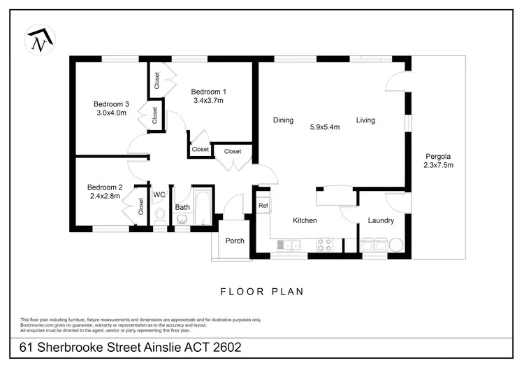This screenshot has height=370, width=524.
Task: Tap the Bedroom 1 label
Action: click(208, 92)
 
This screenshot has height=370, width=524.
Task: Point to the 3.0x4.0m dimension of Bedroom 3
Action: click(111, 113)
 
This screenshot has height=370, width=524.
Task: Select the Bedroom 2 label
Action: click(105, 187)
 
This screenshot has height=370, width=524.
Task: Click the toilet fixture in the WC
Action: click(159, 215)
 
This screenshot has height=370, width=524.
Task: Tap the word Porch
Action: click(235, 241)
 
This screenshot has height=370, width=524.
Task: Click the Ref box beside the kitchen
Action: click(263, 206)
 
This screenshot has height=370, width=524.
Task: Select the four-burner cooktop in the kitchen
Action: click(325, 245)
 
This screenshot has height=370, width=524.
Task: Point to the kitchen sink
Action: click(288, 245)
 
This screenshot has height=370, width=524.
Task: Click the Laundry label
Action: click(381, 220)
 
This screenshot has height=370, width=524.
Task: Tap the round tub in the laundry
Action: click(396, 245)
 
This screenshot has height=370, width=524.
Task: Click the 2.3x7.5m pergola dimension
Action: click(438, 166)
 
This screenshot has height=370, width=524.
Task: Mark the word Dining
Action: click(283, 120)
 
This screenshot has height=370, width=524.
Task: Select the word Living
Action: click(365, 120)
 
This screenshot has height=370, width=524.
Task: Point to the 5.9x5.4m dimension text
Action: click(325, 127)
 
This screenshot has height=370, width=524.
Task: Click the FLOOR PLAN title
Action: click(262, 292)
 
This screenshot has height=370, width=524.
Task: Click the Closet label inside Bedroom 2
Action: click(141, 206)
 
